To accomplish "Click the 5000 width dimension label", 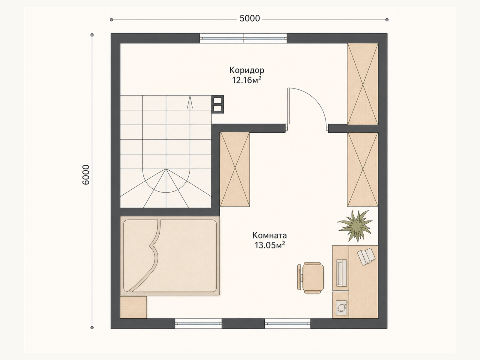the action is [250, 19].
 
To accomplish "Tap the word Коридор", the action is [247, 70].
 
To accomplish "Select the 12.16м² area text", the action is [247, 80].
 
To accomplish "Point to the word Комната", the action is [270, 235].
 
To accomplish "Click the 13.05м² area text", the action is [270, 245].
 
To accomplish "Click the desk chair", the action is [310, 277].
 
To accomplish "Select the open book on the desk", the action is [366, 256].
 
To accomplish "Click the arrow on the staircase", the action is [190, 102].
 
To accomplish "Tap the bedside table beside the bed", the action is [133, 307].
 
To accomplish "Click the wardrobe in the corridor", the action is [363, 84].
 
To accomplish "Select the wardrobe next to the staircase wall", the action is [235, 169].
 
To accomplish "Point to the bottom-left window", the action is [198, 323].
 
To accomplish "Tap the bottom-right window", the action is [288, 323].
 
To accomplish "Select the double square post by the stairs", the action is [217, 104].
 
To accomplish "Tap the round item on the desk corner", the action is [341, 307].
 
